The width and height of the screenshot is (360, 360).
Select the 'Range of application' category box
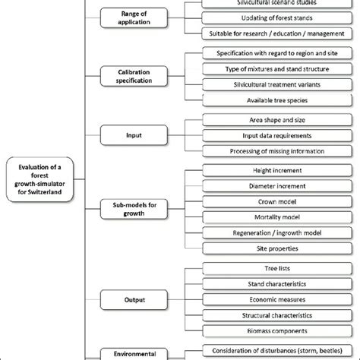(x=133, y=18)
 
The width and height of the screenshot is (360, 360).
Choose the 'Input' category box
(x=133, y=135)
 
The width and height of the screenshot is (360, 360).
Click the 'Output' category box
(x=133, y=300)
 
